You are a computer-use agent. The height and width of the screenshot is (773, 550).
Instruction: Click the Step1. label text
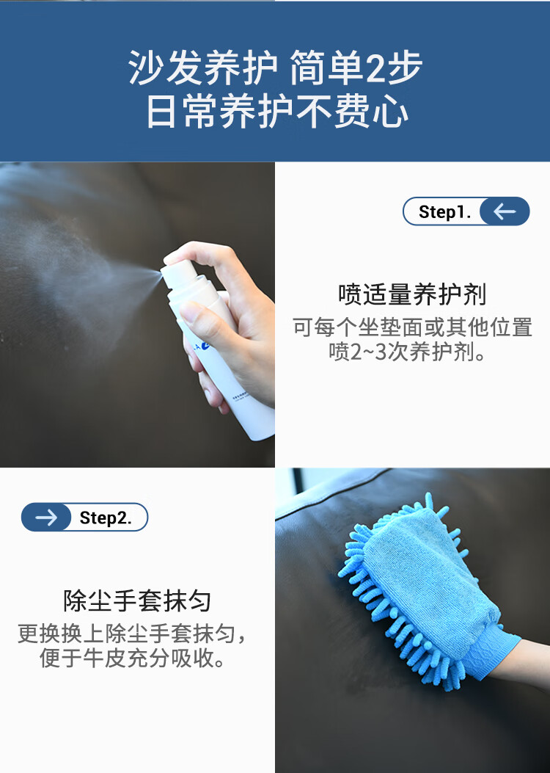[444, 212]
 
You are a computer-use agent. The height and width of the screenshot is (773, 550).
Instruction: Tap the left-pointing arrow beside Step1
[505, 211]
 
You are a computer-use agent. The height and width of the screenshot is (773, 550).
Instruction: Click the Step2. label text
[106, 518]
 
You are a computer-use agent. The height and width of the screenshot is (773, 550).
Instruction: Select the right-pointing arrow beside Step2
[46, 517]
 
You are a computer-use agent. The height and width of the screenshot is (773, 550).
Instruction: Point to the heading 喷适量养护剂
[412, 295]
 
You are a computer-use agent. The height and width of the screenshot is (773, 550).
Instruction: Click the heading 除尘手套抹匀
[137, 601]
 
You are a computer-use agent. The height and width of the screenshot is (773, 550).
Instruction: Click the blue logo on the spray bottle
[207, 346]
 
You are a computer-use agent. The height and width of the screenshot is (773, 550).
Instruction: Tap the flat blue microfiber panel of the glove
[428, 581]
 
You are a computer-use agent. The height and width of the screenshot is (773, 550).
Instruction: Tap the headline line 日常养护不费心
[277, 112]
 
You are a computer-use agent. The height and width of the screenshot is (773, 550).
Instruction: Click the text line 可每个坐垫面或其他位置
[413, 327]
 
